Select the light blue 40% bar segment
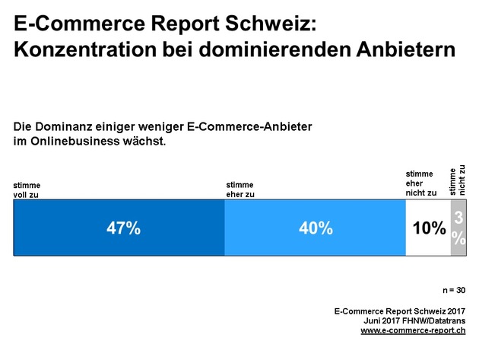pos(315,228)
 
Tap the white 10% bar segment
pos(428,228)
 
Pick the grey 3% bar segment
pos(458,228)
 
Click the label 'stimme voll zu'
pos(27,190)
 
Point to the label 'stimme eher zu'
pos(240,190)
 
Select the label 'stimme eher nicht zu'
pos(422,184)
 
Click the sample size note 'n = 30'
pos(455,291)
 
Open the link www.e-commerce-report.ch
pos(412,330)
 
